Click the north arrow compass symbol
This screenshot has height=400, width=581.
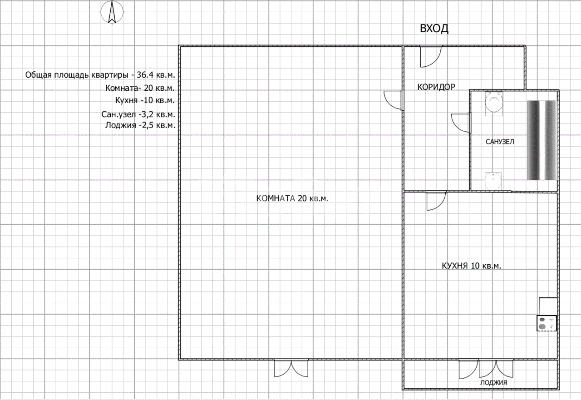click(x=112, y=12)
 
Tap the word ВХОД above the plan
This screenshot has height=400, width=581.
click(x=434, y=29)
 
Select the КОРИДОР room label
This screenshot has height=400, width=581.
click(x=436, y=87)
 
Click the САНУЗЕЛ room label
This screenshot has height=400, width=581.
click(x=500, y=142)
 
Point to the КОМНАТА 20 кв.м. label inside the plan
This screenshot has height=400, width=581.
click(x=292, y=198)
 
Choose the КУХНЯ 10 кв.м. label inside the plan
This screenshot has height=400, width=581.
click(x=472, y=266)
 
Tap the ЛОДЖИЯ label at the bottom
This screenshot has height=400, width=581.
click(x=493, y=383)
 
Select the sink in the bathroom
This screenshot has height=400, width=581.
click(x=493, y=181)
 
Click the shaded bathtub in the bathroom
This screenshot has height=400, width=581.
click(x=542, y=140)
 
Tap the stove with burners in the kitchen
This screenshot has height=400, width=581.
click(x=547, y=323)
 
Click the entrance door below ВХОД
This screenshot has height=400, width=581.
click(x=431, y=57)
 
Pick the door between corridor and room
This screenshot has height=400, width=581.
click(x=393, y=100)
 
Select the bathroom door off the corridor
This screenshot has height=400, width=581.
click(x=460, y=123)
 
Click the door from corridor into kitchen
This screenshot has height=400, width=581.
click(x=436, y=201)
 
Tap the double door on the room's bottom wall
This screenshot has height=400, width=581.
click(x=291, y=368)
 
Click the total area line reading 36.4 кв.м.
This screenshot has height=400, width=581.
click(x=100, y=75)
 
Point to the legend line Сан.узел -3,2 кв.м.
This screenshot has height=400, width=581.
click(x=138, y=114)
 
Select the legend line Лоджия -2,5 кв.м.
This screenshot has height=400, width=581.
click(x=140, y=125)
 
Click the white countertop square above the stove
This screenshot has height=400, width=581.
click(x=548, y=306)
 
